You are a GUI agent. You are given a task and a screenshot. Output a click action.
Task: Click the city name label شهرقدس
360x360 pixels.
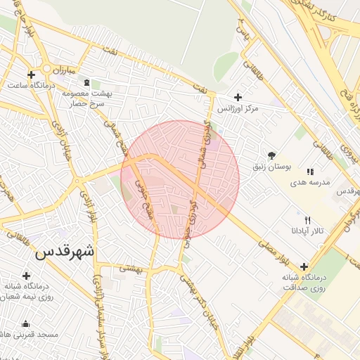click(64, 251)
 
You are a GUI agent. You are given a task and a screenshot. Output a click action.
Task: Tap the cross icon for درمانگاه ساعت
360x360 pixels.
click(31, 75)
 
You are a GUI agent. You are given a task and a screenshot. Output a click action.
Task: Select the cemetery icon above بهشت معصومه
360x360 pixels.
click(86, 82)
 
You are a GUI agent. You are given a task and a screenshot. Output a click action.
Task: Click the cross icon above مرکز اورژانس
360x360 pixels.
click(237, 97)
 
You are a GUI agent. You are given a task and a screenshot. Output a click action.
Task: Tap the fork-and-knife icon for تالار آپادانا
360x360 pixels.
click(307, 220)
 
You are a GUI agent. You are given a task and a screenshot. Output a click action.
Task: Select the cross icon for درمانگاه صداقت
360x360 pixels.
click(304, 266)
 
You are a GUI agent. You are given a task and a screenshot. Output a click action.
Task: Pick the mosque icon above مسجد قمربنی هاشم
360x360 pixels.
click(27, 324)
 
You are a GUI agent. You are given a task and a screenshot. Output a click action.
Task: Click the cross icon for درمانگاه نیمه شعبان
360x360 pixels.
click(27, 276)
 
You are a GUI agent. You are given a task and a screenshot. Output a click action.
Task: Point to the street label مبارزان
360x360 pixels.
click(63, 70)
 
